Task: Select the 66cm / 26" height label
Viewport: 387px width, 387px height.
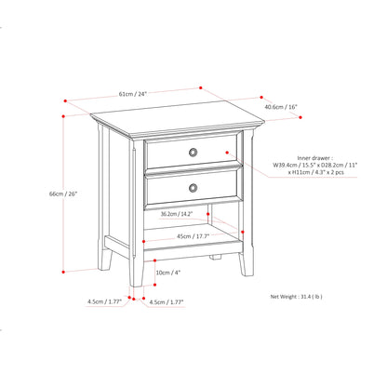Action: [44, 194]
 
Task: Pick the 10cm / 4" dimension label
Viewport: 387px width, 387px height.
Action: [168, 272]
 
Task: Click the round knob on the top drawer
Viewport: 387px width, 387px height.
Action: [193, 152]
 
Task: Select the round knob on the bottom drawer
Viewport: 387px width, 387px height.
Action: [193, 188]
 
